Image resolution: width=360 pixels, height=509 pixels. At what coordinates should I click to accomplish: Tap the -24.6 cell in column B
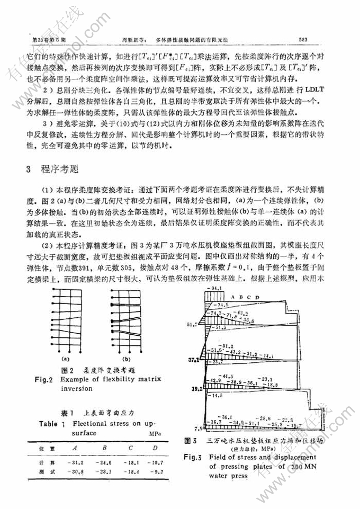[105, 462]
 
